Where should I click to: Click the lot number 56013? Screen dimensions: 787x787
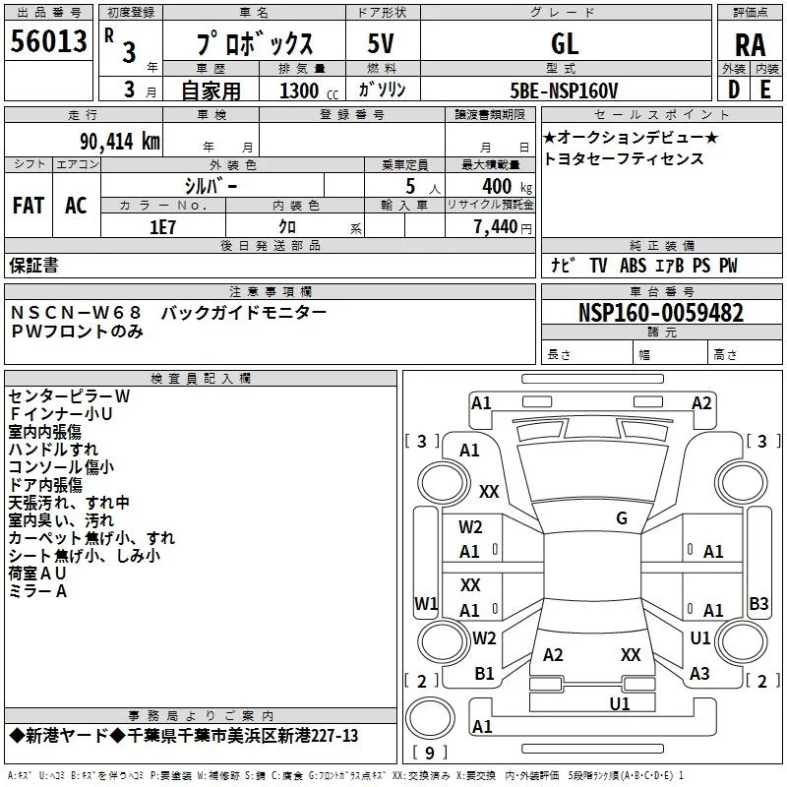pos(48,40)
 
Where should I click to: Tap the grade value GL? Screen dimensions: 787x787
pos(565,43)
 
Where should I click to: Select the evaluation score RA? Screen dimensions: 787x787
pos(751,45)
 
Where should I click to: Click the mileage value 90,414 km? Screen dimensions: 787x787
pos(120,142)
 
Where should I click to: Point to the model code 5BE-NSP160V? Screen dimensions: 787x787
pos(564,91)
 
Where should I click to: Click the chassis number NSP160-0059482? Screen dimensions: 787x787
pos(661,313)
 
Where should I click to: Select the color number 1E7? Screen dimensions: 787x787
pos(162,227)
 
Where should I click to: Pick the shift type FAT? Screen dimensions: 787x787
pos(29,206)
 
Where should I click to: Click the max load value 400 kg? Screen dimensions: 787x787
pos(507,186)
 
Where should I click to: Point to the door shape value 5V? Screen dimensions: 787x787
pos(381,43)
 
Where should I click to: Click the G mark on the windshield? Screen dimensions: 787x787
pos(622,517)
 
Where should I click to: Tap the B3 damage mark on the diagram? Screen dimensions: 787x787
pos(758,603)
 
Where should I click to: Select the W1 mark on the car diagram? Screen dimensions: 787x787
pos(426,603)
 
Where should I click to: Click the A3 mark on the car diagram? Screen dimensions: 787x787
pos(699,674)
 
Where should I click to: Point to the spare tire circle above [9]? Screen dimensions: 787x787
pos(430,718)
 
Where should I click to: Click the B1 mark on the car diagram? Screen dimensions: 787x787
pos(484,674)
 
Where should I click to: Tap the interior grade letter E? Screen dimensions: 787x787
pos(765,90)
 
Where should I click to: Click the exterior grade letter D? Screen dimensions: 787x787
pos(734,90)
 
